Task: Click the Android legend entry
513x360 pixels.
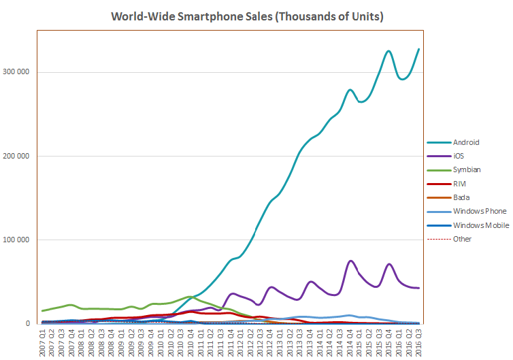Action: point(465,142)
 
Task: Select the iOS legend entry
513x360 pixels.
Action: point(459,156)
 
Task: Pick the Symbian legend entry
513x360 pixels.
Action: point(466,170)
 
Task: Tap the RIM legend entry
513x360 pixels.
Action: point(459,184)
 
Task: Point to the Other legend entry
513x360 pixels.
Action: point(463,239)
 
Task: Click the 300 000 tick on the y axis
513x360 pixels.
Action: point(20,72)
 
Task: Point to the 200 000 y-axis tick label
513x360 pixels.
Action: point(20,156)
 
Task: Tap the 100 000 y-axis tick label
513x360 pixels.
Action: point(20,240)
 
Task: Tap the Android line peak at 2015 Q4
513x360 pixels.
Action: point(388,51)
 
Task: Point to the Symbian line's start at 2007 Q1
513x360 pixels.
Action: point(43,311)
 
